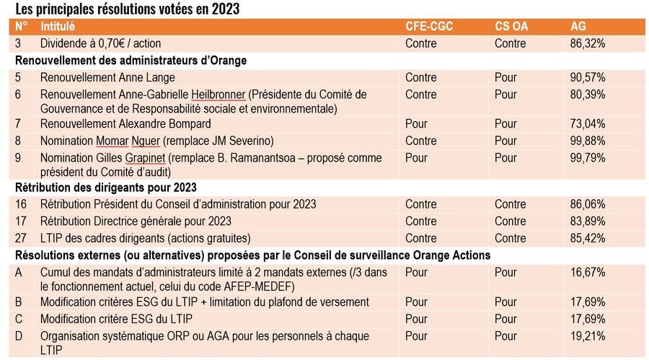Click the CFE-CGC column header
coord(431,27)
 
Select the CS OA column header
coord(511,27)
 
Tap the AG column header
coord(578,27)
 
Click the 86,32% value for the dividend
coord(587,43)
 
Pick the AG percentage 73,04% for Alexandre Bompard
coord(587,124)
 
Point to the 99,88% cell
coord(587,141)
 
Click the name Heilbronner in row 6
coord(218,95)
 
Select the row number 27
coord(22,238)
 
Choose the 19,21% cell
coord(587,336)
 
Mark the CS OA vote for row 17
coord(510,221)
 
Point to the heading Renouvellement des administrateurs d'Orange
coord(131,61)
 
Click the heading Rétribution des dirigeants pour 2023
coord(105,188)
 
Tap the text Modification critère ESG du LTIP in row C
coord(116,319)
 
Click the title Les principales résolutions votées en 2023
coord(127,9)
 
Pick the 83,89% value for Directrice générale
coord(587,221)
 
